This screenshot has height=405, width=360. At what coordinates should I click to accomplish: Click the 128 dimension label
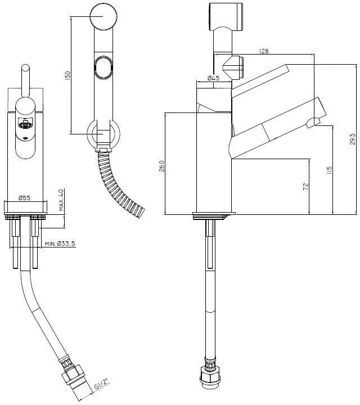[x=263, y=51]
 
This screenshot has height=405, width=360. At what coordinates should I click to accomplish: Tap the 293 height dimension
[x=352, y=139]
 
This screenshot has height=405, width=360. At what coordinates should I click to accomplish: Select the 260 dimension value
[x=161, y=166]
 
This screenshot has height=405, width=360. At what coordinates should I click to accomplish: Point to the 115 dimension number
[x=329, y=170]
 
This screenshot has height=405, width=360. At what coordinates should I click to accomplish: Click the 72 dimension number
[x=305, y=187]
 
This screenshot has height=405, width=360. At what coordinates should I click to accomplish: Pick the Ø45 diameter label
[x=213, y=78]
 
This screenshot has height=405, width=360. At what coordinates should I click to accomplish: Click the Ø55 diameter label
[x=24, y=198]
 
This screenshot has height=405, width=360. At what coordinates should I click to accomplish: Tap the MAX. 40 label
[x=61, y=200]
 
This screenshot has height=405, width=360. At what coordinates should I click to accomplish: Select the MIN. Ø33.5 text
[x=60, y=244]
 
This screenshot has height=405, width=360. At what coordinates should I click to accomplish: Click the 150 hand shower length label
[x=67, y=75]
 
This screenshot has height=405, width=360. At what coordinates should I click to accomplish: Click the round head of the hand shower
[x=103, y=16]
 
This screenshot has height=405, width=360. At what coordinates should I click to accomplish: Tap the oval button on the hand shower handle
[x=103, y=66]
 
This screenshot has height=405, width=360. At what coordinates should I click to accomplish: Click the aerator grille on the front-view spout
[x=25, y=124]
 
